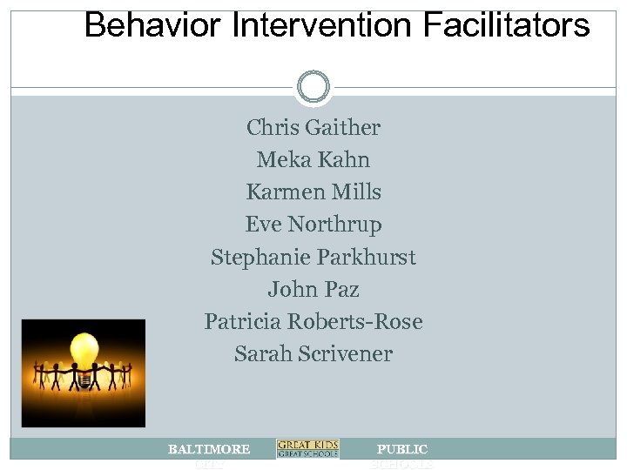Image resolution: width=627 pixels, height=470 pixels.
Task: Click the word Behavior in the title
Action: [x=143, y=26]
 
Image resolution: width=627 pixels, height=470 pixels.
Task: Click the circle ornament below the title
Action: [x=313, y=86]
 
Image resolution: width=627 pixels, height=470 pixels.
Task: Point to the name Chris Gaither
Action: [x=313, y=128]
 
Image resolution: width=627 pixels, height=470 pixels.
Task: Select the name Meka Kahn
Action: [x=313, y=160]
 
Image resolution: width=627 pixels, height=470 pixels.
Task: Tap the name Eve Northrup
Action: [x=313, y=225]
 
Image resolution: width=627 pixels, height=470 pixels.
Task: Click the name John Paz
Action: [x=313, y=289]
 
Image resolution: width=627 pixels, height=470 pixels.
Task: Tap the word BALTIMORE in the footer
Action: [x=209, y=449]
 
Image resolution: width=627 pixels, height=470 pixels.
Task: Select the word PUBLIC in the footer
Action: [x=401, y=449]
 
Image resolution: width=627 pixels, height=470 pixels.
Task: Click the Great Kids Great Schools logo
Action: [x=307, y=449]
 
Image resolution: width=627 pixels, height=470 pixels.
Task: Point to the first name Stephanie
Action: [x=255, y=258]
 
